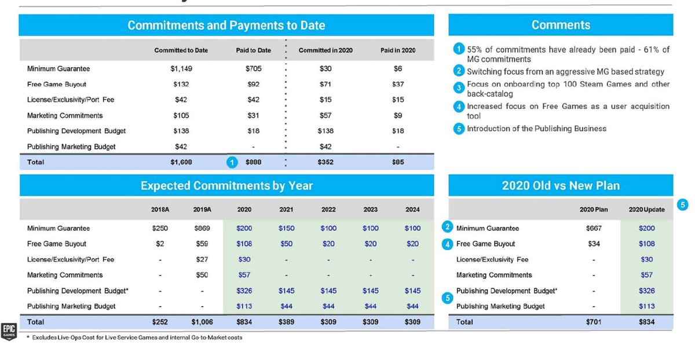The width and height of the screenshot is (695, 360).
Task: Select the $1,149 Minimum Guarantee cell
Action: click(181, 69)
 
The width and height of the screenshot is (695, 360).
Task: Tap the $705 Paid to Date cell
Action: click(254, 69)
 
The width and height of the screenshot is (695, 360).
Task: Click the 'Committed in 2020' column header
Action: click(323, 50)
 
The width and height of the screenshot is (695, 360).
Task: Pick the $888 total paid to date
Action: click(254, 163)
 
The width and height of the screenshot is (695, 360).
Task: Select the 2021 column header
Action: click(286, 210)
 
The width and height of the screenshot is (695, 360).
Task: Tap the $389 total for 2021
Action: click(286, 322)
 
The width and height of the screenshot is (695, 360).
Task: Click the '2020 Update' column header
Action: click(646, 210)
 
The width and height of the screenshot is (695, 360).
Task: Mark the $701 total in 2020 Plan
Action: click(592, 322)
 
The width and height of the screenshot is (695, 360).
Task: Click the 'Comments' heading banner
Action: click(561, 25)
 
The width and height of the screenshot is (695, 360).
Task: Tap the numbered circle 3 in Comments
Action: click(458, 87)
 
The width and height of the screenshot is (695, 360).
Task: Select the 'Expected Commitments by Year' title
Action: click(226, 186)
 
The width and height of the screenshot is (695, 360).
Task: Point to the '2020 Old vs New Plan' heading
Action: click(561, 186)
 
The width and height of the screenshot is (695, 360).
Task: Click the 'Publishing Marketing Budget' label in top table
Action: click(71, 147)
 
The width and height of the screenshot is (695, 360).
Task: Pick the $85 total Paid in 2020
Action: click(397, 163)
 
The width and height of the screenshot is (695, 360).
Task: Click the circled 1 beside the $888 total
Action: click(231, 163)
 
